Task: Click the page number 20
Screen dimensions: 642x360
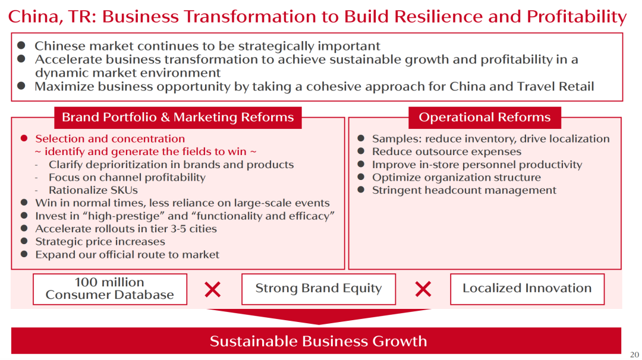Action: (x=634, y=354)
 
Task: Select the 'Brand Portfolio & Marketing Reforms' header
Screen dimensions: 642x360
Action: (x=178, y=118)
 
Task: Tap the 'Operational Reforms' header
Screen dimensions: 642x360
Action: (x=484, y=118)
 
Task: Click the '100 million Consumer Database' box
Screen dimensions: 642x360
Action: (x=110, y=289)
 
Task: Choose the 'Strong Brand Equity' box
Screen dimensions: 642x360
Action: (x=319, y=289)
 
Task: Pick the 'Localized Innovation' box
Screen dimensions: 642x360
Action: (x=527, y=289)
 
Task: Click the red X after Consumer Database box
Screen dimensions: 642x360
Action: (x=212, y=289)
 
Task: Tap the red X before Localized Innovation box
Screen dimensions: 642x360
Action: (x=423, y=289)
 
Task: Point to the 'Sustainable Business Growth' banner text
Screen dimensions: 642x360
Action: (x=318, y=341)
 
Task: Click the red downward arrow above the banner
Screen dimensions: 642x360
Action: (x=319, y=316)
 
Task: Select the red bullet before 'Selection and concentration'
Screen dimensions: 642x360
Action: (x=24, y=138)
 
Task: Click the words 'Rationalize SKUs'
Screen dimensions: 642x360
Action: (x=93, y=190)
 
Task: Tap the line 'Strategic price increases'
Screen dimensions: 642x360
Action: (x=100, y=241)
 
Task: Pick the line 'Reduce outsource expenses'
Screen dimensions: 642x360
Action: (x=446, y=151)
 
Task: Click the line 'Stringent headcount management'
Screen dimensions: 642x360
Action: (x=464, y=190)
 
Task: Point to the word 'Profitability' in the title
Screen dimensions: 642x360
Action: (x=577, y=17)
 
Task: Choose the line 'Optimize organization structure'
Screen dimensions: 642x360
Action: (x=456, y=178)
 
